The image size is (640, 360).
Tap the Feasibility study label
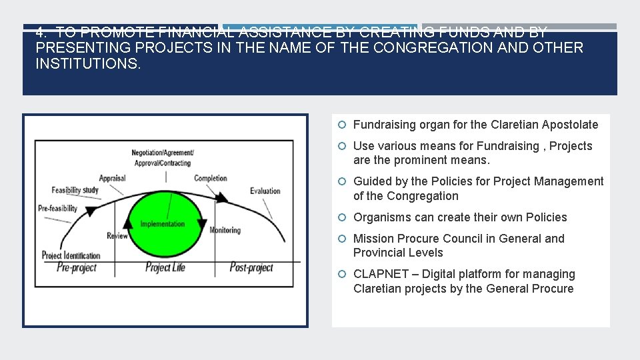(x=75, y=190)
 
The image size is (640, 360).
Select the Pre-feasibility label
(x=58, y=208)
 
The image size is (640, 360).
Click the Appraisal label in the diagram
(x=112, y=178)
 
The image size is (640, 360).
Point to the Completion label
(x=210, y=178)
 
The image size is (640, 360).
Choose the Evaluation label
(x=265, y=191)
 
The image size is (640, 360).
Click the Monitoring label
(x=225, y=230)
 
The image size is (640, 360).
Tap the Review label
(x=117, y=235)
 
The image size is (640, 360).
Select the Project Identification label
(x=71, y=255)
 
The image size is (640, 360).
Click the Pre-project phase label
(x=77, y=267)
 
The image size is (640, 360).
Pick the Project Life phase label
(x=165, y=267)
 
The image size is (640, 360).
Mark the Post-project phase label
(x=251, y=267)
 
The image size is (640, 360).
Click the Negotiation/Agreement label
(x=163, y=153)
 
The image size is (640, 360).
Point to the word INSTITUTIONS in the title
(x=88, y=64)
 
